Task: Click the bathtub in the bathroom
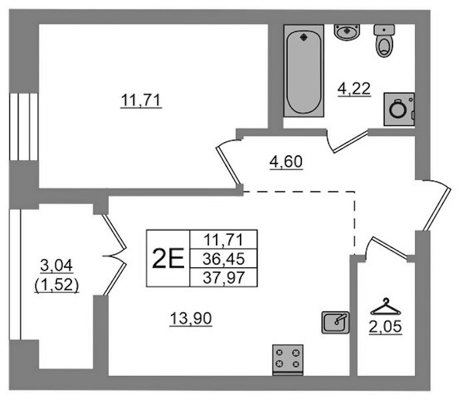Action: pos(304,71)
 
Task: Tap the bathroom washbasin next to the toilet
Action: pos(347,32)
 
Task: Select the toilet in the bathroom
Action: pos(384,41)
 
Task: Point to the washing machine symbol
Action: pos(399,109)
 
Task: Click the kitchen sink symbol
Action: pos(336,322)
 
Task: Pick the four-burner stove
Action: pos(288,360)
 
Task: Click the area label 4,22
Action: pos(354,89)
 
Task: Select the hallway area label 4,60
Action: pos(286,162)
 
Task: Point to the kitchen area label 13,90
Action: pos(191,319)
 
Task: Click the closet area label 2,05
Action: pos(385,327)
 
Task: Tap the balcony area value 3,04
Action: pos(57,265)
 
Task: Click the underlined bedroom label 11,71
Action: pos(141,100)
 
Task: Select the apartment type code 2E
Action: pos(168,259)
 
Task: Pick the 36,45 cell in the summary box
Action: pos(224,259)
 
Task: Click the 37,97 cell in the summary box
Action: pos(224,277)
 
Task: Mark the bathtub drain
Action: pos(304,37)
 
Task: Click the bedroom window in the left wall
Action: pos(23,127)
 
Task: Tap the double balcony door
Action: pos(115,255)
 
